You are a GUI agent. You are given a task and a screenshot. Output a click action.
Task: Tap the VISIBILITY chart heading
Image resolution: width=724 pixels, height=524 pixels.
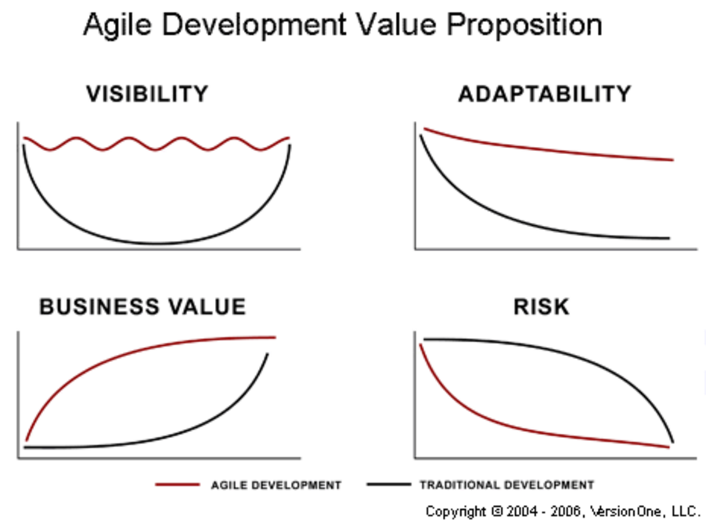coord(147,94)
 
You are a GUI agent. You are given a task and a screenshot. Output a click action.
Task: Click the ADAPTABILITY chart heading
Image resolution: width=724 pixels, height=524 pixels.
coord(545,94)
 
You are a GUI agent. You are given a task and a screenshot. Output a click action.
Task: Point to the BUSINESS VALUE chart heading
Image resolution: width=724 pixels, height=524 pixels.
coord(142,307)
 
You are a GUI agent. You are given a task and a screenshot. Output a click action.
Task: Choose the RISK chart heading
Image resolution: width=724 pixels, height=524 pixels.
coord(542,307)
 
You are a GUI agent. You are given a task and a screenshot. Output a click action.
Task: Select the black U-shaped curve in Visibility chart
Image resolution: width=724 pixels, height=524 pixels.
coord(157,243)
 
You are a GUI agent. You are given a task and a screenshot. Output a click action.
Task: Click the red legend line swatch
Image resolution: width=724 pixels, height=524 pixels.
coord(178,484)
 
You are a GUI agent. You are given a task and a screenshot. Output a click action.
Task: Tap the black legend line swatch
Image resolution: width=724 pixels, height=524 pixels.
coord(388,484)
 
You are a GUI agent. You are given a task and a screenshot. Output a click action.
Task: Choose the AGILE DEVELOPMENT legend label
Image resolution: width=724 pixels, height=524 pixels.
coord(276,485)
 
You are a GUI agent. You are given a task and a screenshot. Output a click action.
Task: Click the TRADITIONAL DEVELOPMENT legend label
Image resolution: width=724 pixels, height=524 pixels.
coord(506,485)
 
